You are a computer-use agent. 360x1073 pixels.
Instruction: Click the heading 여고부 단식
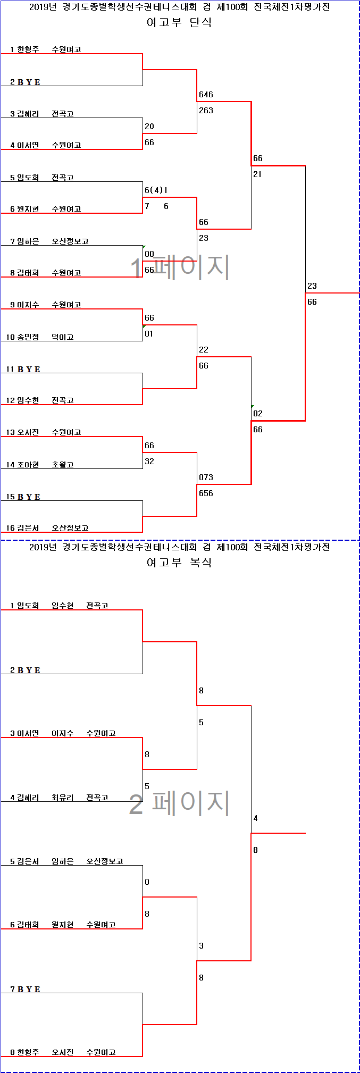pyautogui.click(x=179, y=22)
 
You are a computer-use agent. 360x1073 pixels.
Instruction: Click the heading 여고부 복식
pyautogui.click(x=179, y=563)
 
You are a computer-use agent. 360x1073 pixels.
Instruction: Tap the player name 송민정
pyautogui.click(x=28, y=337)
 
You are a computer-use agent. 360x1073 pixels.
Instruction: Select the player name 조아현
pyautogui.click(x=28, y=465)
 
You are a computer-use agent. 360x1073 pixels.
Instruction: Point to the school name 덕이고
pyautogui.click(x=63, y=337)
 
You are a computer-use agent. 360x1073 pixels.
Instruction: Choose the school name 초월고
pyautogui.click(x=63, y=465)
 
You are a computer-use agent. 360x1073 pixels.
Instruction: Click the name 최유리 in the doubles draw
pyautogui.click(x=63, y=798)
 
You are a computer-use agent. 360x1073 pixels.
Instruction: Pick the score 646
pyautogui.click(x=206, y=95)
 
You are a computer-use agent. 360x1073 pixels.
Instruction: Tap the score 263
pyautogui.click(x=206, y=111)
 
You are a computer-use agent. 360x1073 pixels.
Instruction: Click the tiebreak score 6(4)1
pyautogui.click(x=156, y=190)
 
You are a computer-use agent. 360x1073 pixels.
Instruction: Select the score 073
pyautogui.click(x=206, y=477)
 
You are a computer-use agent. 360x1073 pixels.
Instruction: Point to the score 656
pyautogui.click(x=206, y=493)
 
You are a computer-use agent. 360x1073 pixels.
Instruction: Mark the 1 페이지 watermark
pyautogui.click(x=180, y=267)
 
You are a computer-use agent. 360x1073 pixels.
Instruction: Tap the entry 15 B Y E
pyautogui.click(x=23, y=497)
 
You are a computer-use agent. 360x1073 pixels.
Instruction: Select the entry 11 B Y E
pyautogui.click(x=23, y=369)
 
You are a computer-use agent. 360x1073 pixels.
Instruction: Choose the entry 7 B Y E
pyautogui.click(x=26, y=989)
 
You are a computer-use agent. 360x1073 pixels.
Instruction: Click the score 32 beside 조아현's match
pyautogui.click(x=149, y=462)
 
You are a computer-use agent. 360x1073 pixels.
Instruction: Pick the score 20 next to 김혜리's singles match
pyautogui.click(x=149, y=127)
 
